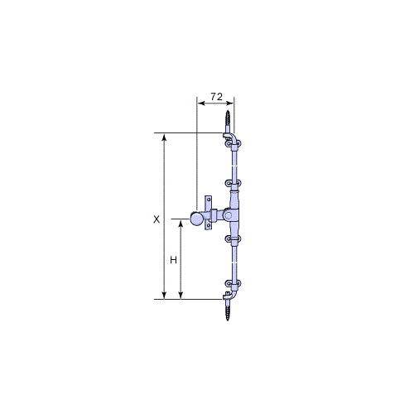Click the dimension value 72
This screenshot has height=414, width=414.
(x=216, y=97)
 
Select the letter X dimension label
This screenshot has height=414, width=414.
(x=156, y=219)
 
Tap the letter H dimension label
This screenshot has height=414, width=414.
(x=173, y=260)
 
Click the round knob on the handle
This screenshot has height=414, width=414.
(x=196, y=219)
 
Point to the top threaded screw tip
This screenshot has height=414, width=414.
(x=228, y=112)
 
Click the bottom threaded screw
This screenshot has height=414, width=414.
(x=228, y=310)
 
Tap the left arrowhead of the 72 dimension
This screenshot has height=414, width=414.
(x=200, y=103)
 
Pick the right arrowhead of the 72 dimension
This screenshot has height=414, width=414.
(x=230, y=103)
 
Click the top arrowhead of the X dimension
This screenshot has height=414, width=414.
(x=164, y=137)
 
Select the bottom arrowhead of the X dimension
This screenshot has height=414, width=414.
(x=164, y=295)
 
